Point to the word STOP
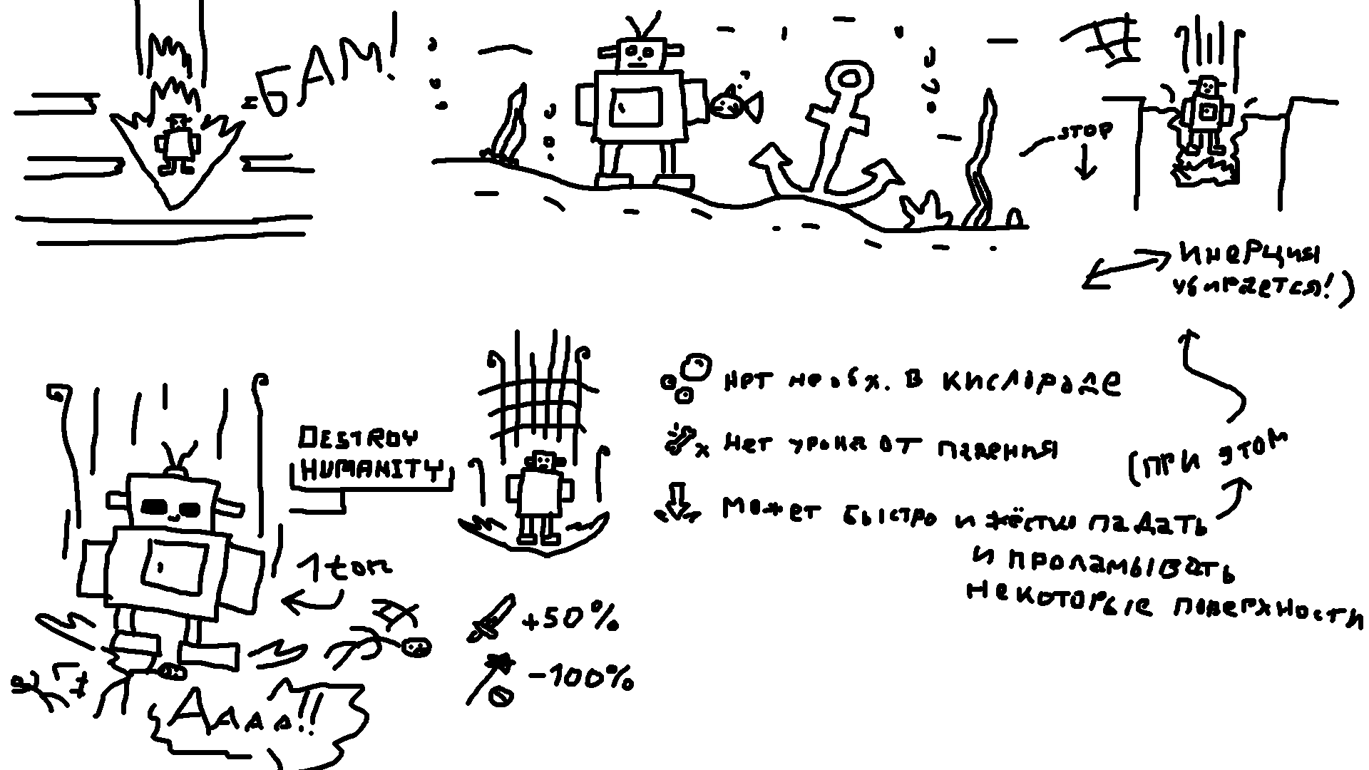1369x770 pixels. click(x=1085, y=133)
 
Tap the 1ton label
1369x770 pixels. click(x=346, y=568)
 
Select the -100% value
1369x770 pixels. click(x=581, y=678)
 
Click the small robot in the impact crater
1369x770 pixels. click(x=177, y=145)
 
